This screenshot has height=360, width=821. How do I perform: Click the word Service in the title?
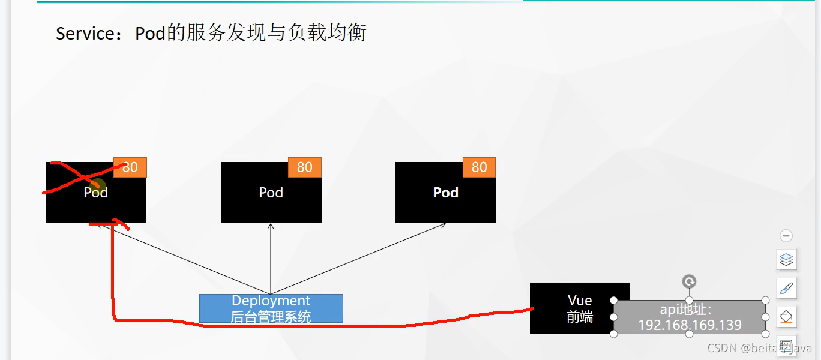coord(80,33)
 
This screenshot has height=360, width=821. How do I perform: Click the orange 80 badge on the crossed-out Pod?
coord(130,167)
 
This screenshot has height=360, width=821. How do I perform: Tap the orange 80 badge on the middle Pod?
coord(305,167)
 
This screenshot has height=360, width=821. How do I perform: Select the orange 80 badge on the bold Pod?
coord(479,167)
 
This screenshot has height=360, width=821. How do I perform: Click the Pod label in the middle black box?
coord(271,193)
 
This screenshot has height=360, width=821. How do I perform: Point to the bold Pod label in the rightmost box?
coord(445,193)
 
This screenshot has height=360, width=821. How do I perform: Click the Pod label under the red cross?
coord(95,193)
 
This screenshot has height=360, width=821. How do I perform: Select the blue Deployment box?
coord(271,308)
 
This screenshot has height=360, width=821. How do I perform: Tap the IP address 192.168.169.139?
coord(690,325)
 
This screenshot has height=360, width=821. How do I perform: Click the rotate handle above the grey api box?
coord(690,281)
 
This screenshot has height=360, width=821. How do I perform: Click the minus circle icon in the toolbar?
coord(786,236)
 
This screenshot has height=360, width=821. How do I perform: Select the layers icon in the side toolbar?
coord(786,260)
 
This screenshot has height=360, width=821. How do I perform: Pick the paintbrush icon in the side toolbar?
coord(786,289)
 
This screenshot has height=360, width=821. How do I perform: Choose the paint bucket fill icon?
coord(786,316)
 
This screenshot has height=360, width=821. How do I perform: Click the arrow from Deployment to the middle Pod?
coord(271,258)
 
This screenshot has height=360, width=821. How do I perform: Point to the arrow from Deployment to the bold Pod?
coord(360,258)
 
